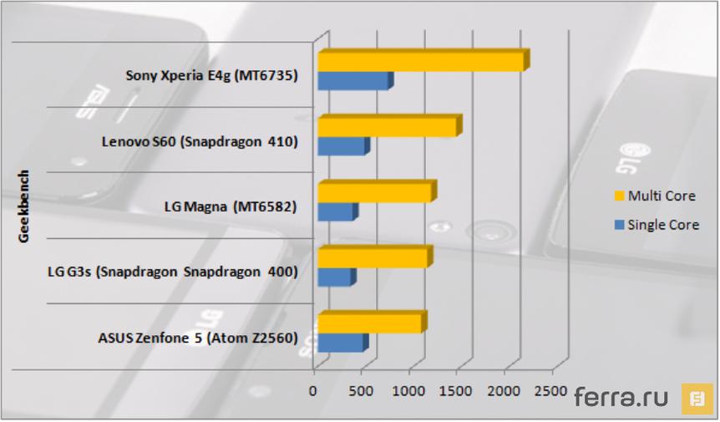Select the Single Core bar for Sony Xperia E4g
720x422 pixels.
(352, 82)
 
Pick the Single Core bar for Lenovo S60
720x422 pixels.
(341, 146)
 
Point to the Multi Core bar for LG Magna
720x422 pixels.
(374, 193)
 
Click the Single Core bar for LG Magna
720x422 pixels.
(335, 212)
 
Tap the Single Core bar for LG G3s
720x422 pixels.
(334, 277)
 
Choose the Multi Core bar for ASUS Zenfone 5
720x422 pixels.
(369, 323)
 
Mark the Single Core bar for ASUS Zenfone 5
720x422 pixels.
(340, 343)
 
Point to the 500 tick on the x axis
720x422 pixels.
(362, 391)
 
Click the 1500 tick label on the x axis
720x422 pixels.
(457, 391)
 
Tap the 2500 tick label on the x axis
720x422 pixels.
(551, 391)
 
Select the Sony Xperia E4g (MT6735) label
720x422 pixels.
(211, 76)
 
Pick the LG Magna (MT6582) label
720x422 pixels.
(231, 206)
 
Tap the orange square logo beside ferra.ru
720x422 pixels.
(697, 398)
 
